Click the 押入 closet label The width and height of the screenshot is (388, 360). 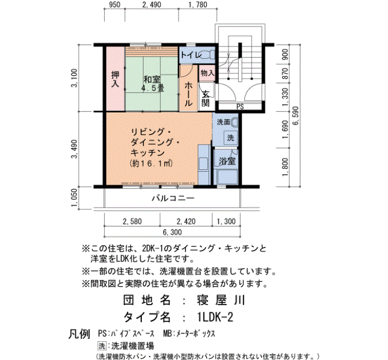(x=115, y=79)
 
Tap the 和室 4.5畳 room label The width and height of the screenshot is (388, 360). (x=152, y=84)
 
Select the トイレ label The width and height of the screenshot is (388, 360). (x=191, y=55)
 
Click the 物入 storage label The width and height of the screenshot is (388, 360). (x=207, y=73)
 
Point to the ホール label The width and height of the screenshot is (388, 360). (x=189, y=94)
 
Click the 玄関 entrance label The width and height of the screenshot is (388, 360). (x=206, y=99)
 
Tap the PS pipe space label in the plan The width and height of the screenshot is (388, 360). (x=240, y=107)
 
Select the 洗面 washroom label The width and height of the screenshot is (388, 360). (x=223, y=122)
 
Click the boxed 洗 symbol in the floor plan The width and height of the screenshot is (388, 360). (x=231, y=137)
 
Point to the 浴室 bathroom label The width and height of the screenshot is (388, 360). (x=227, y=161)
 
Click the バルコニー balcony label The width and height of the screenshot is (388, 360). (x=173, y=198)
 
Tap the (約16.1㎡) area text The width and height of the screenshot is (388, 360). (x=151, y=163)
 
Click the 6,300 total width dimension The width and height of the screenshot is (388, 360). (x=172, y=232)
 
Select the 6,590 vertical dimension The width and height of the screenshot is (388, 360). (x=295, y=116)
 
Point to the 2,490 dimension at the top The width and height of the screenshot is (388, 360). (x=151, y=4)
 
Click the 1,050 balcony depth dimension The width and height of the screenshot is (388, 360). (x=74, y=198)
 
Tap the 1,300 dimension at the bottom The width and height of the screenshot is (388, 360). (x=226, y=222)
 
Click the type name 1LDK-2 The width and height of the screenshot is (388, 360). (x=215, y=317)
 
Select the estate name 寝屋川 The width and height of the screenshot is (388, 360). (x=221, y=300)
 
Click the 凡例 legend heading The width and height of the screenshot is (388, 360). (x=79, y=334)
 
